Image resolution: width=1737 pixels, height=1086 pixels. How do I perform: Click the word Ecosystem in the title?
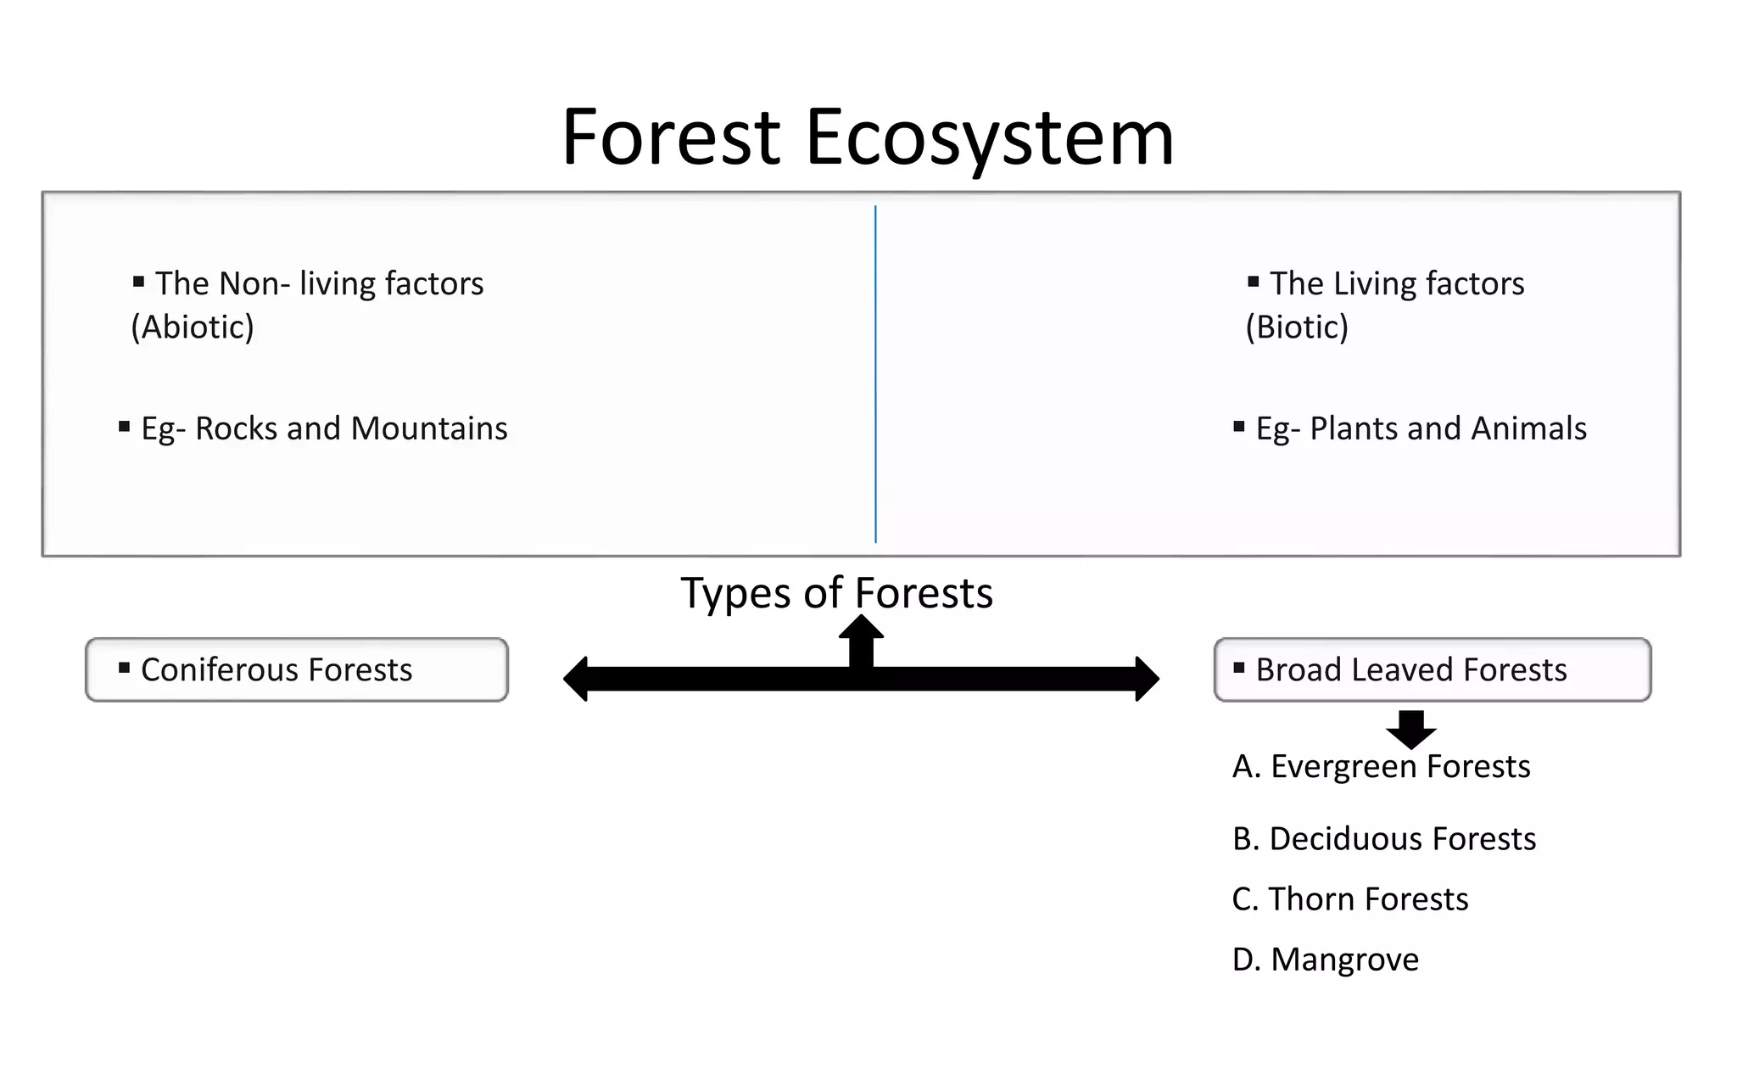click(989, 137)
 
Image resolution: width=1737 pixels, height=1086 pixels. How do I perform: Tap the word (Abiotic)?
click(193, 327)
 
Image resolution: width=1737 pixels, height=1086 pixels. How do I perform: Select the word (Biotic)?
click(1296, 327)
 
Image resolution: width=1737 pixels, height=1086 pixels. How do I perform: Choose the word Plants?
click(1354, 428)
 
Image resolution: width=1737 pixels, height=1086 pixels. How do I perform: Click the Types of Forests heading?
click(836, 592)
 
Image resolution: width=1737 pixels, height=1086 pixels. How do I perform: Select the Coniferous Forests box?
click(297, 669)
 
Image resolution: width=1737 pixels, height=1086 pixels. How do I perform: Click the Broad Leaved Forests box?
click(1432, 669)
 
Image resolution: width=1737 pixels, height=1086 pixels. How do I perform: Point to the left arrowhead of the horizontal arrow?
click(577, 679)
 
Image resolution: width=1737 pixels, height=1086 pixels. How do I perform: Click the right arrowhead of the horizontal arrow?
click(1147, 679)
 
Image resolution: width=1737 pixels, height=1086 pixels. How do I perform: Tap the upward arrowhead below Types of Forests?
click(861, 628)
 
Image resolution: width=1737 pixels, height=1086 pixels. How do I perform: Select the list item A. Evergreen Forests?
click(1381, 766)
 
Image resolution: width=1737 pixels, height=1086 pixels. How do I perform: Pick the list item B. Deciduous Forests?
click(1383, 838)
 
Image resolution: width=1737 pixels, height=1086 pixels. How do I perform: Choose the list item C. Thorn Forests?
click(1349, 898)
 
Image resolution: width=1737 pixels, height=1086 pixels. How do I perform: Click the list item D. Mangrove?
click(1325, 960)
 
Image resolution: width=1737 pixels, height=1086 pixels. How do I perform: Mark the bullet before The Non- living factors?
click(138, 282)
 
